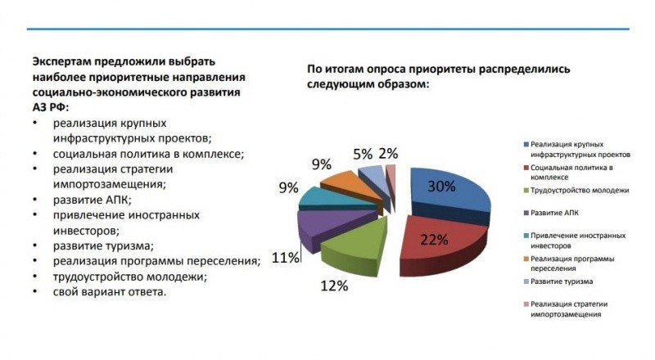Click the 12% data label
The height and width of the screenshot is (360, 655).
(335, 286)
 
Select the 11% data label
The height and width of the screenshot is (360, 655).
(285, 259)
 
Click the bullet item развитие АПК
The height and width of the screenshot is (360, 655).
(93, 198)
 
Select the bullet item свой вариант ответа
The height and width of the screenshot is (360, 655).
(111, 292)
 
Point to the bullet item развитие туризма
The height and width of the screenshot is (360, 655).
(104, 245)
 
